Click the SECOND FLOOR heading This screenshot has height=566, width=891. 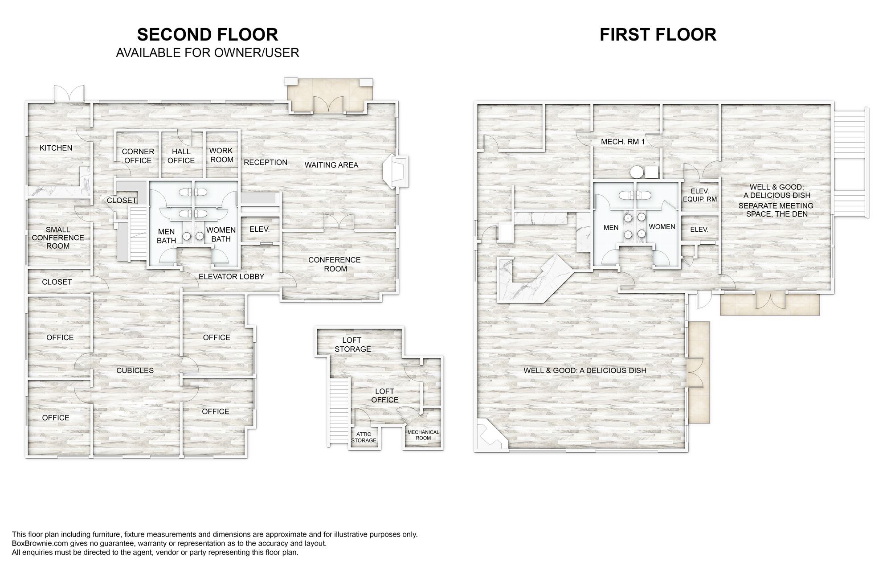pos(208,34)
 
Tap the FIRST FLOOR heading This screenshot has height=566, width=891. pos(658,34)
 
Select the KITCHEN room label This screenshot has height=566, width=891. pos(56,148)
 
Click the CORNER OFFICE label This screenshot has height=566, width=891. pos(138,156)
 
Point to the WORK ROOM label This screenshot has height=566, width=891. pos(221,155)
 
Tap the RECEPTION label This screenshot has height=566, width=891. pos(266,162)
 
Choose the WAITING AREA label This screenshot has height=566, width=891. pos(331,165)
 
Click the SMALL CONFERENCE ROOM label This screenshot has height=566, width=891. pos(58,238)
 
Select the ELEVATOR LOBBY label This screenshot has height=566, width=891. pos(231,276)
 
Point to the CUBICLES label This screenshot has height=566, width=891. pos(135,370)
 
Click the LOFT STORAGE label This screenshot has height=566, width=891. pos(353,345)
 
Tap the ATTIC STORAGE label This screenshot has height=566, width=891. pos(364,437)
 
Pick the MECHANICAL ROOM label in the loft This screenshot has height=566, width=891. pos(423,435)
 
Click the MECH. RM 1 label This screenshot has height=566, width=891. pos(623,142)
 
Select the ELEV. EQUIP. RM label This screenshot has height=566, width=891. pos(700,195)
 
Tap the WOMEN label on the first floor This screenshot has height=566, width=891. pos(662,227)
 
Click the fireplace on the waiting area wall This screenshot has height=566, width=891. pos(396,172)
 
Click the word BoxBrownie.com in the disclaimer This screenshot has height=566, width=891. pos(38,544)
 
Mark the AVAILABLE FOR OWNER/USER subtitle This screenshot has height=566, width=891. pos(208,53)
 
